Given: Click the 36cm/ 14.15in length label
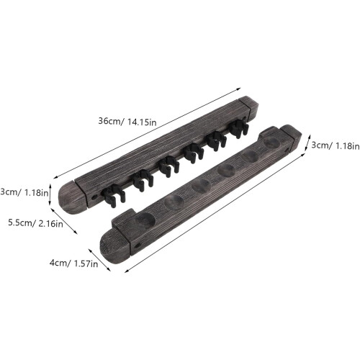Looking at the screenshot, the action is pyautogui.click(x=127, y=122).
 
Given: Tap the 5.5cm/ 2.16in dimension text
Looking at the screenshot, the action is pyautogui.click(x=35, y=223).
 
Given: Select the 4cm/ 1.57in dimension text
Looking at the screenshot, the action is pyautogui.click(x=73, y=264).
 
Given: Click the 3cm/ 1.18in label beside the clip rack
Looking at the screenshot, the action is pyautogui.click(x=24, y=192).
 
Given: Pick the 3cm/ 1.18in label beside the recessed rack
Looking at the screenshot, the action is pyautogui.click(x=336, y=145).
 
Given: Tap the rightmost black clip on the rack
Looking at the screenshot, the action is pyautogui.click(x=238, y=128).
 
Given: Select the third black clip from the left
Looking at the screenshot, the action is pyautogui.click(x=168, y=166).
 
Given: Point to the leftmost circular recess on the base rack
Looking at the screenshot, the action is pyautogui.click(x=145, y=219).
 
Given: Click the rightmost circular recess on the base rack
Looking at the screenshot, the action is pyautogui.click(x=271, y=142).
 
